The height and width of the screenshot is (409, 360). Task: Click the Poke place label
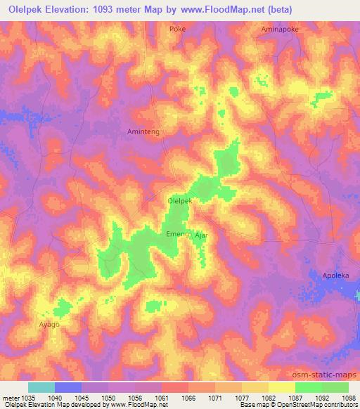pyautogui.click(x=177, y=29)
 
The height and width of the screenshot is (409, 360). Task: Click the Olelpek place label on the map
pyautogui.click(x=180, y=200)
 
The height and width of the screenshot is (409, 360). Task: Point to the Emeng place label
pyautogui.click(x=176, y=233)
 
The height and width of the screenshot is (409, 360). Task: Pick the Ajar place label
pyautogui.click(x=201, y=235)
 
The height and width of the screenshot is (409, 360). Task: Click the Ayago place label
pyautogui.click(x=49, y=325)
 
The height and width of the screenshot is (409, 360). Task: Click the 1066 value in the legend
pyautogui.click(x=188, y=397)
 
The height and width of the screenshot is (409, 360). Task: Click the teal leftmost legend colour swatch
pyautogui.click(x=41, y=387)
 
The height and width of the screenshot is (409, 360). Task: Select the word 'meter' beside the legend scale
pyautogui.click(x=10, y=397)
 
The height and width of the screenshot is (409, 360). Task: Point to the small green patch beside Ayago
pyautogui.click(x=63, y=307)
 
